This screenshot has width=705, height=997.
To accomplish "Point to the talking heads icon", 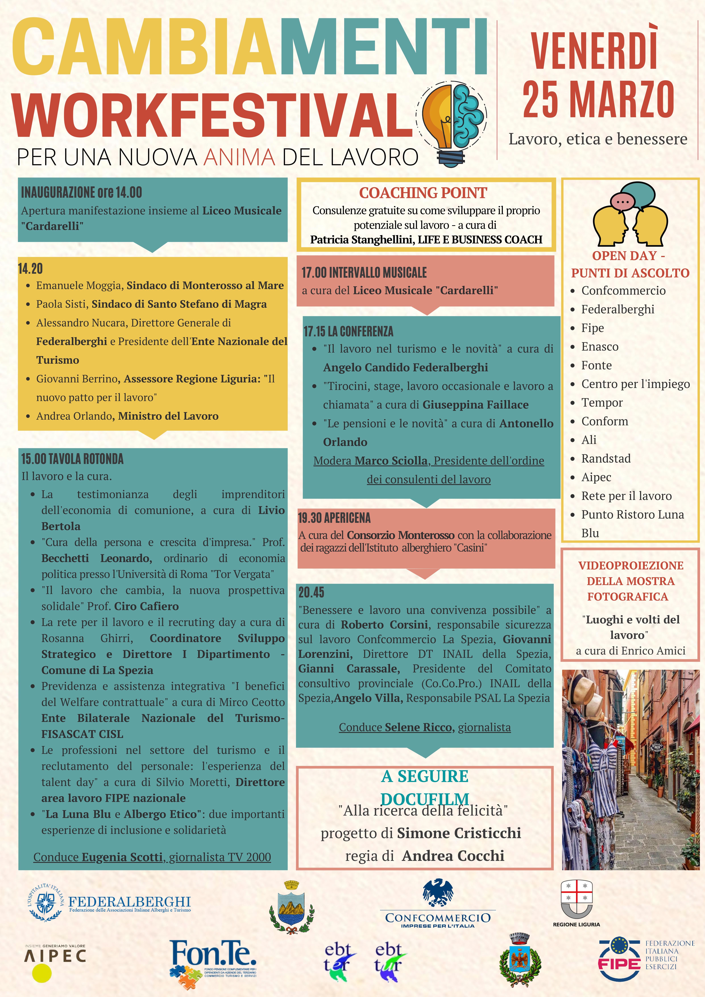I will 630,215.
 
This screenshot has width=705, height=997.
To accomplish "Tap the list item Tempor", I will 602,403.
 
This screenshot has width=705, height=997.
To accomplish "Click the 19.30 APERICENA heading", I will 334,518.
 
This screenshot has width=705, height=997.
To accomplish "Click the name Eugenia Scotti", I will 122,857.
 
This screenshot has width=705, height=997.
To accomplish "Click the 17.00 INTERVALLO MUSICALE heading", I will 364,273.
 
